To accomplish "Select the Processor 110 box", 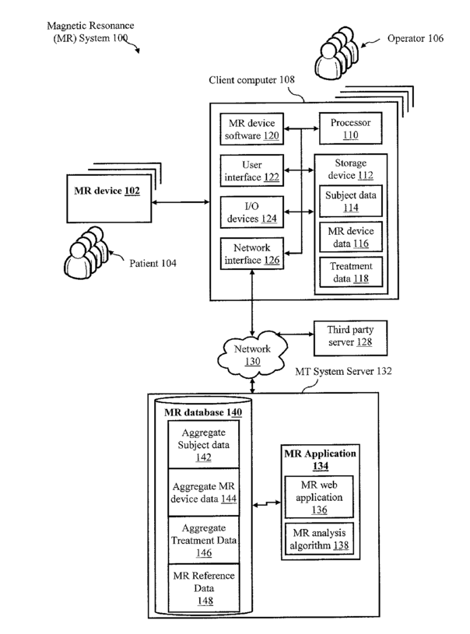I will (x=349, y=128).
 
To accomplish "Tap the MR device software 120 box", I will (x=251, y=128).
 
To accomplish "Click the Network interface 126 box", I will (x=251, y=254).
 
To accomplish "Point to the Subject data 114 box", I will (x=349, y=201).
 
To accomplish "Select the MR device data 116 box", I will (x=349, y=237).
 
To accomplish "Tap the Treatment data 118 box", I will (x=349, y=272).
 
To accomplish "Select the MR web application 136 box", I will (x=320, y=498).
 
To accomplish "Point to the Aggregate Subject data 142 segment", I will (x=203, y=444).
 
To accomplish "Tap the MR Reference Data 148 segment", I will (x=203, y=587).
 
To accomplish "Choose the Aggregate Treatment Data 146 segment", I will (x=203, y=540).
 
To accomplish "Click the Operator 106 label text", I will (x=416, y=37).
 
